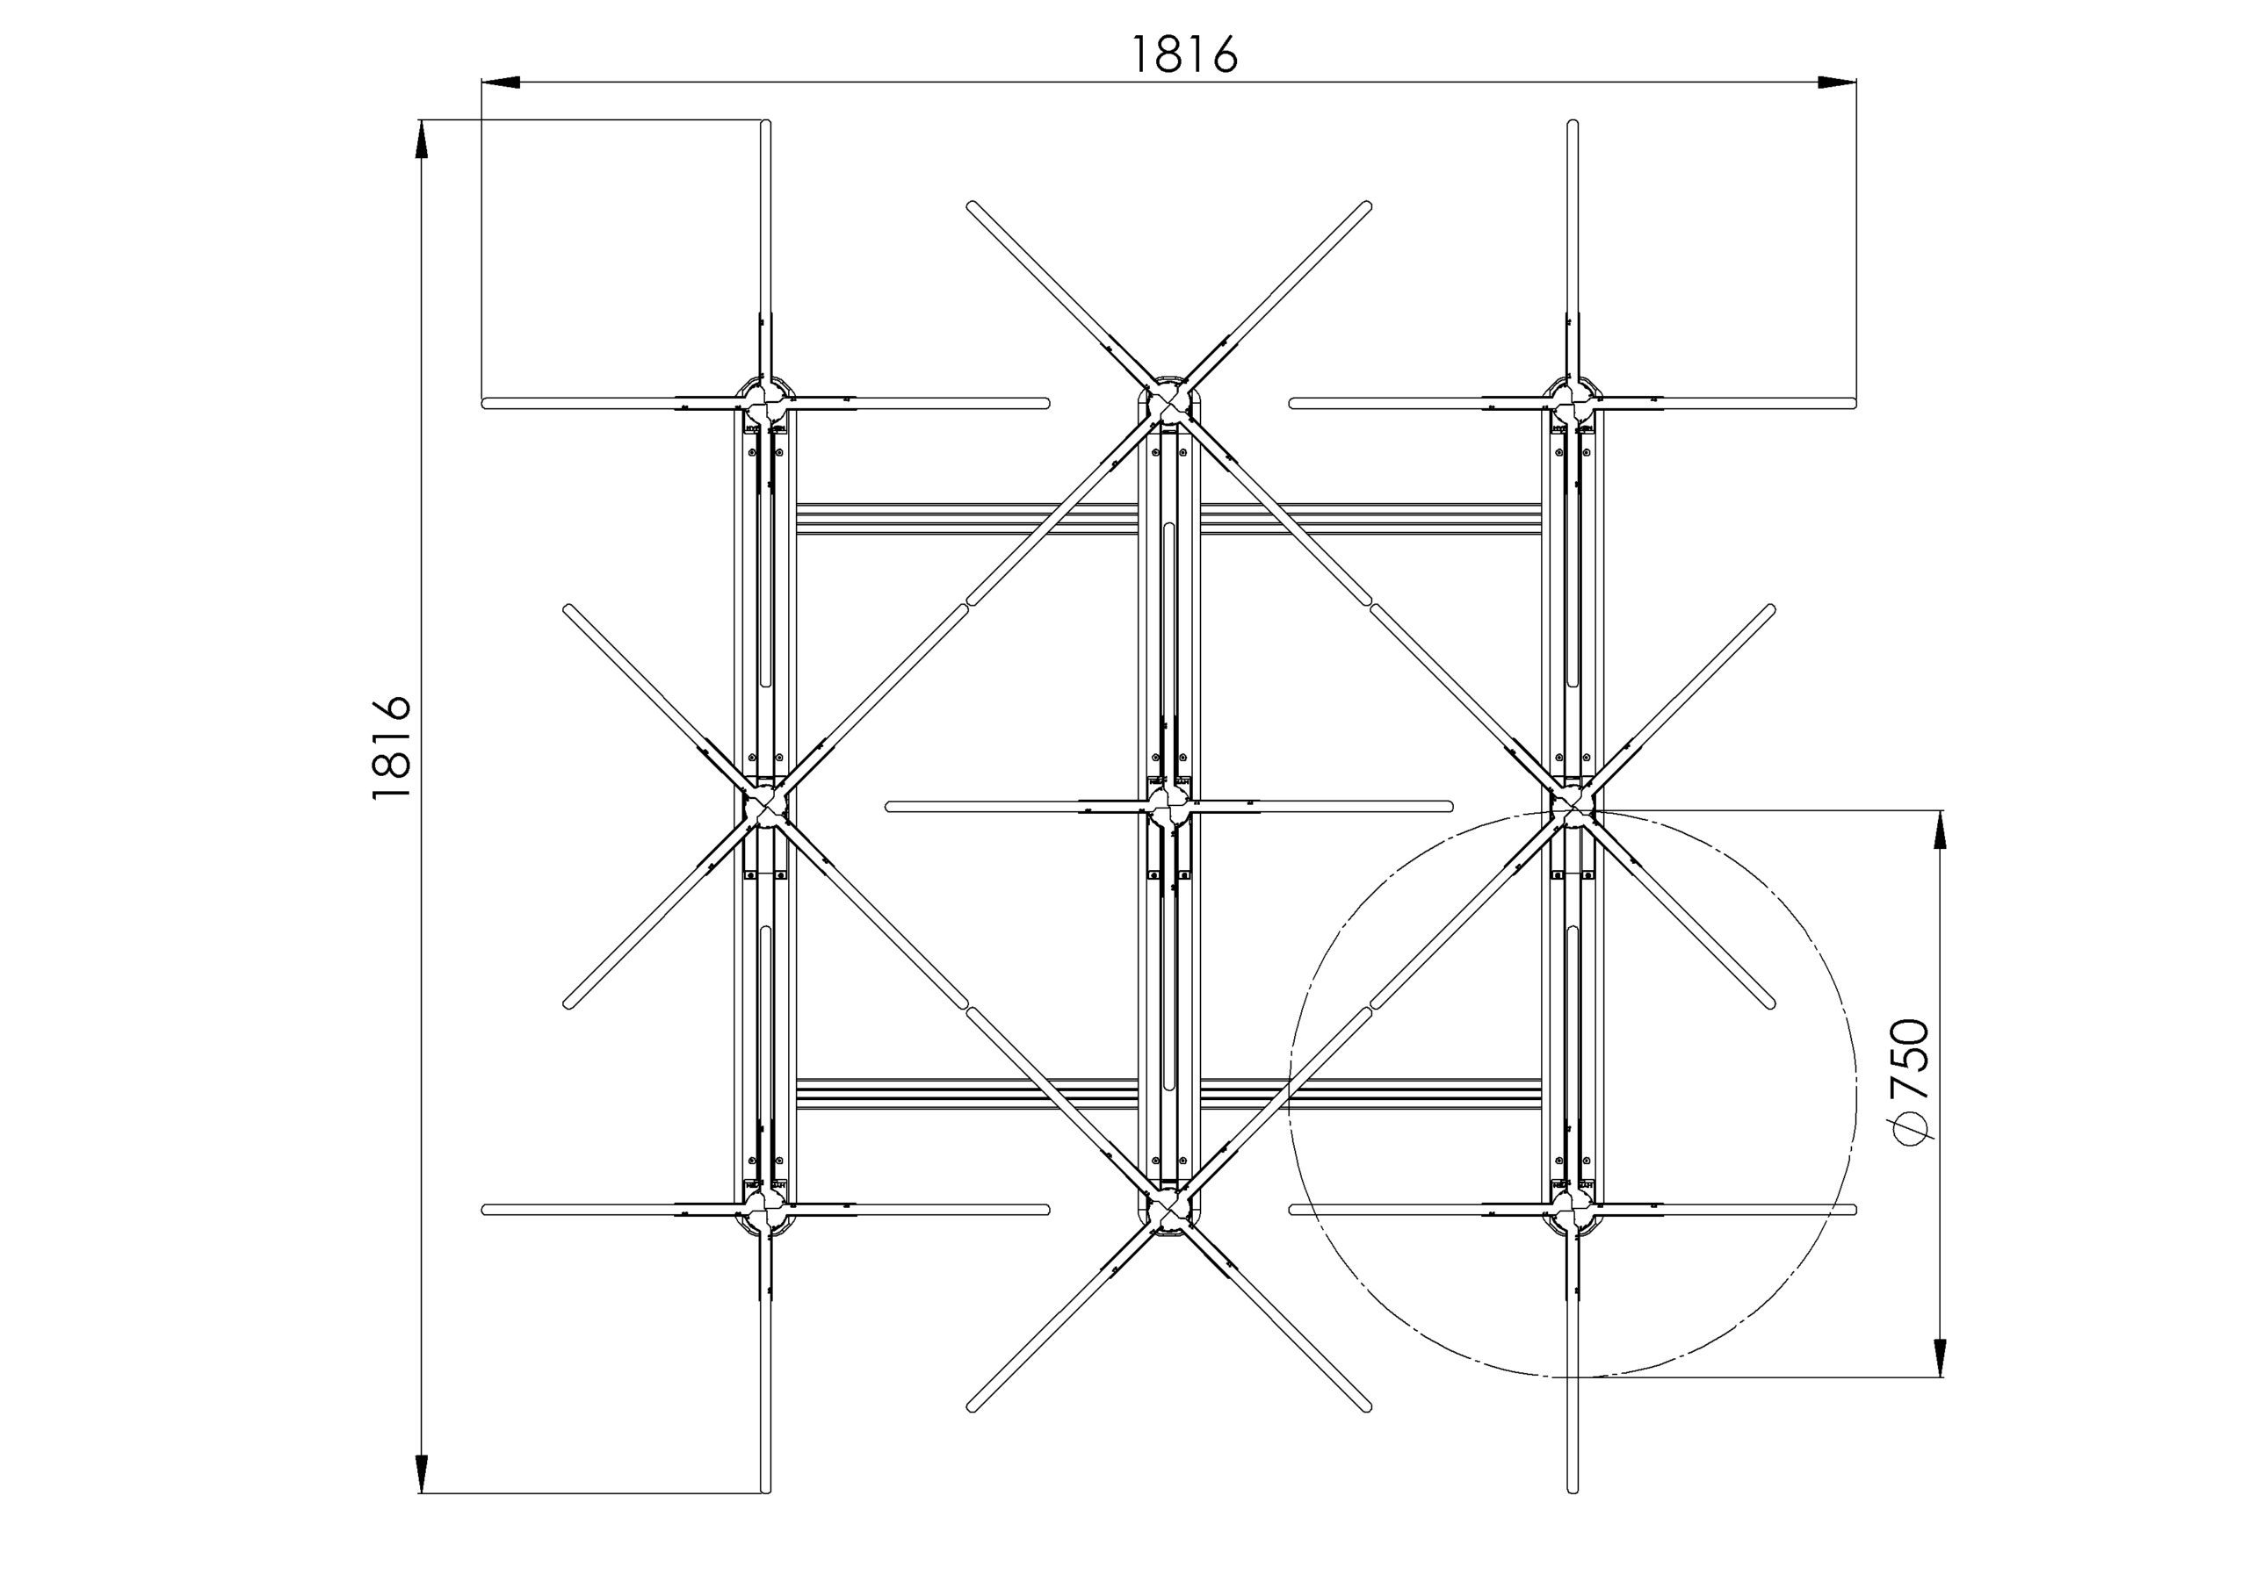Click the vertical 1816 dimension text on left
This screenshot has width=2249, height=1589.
click(391, 747)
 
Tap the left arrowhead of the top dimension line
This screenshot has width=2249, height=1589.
click(501, 83)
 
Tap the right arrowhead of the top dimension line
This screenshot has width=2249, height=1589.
click(1838, 83)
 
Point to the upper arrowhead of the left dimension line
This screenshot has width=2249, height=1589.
click(423, 139)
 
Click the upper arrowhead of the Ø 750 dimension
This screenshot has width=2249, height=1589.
click(1941, 830)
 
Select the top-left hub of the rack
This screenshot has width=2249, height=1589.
click(766, 400)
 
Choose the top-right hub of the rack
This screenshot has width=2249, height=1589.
click(1573, 400)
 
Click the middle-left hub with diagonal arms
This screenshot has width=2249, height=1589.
click(766, 806)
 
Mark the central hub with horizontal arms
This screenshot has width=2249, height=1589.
click(1168, 807)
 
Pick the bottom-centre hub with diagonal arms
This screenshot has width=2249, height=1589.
click(1168, 1212)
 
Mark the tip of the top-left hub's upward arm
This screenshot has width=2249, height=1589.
click(766, 125)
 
